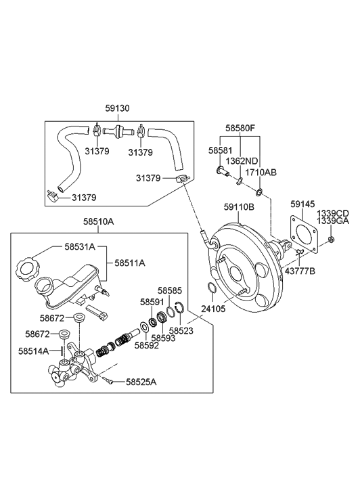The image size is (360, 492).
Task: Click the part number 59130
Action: tap(117, 108)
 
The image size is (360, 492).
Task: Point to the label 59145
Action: tap(302, 203)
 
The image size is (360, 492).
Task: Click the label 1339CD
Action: tap(334, 212)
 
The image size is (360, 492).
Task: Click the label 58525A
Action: tap(141, 382)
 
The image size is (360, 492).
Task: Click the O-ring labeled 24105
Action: tap(212, 291)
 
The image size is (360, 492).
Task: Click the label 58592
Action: tap(146, 345)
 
